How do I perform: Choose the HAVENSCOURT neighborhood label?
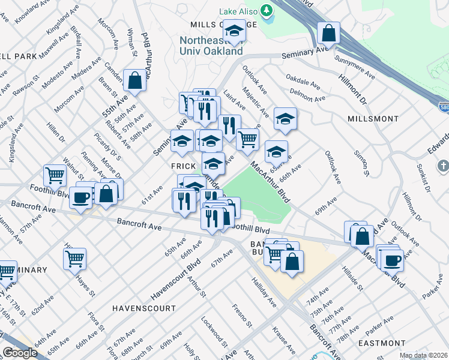pos(144,308)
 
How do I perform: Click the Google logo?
pos(19,353)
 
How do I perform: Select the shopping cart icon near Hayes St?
pos(74,259)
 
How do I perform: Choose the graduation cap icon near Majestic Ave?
pos(285,118)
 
